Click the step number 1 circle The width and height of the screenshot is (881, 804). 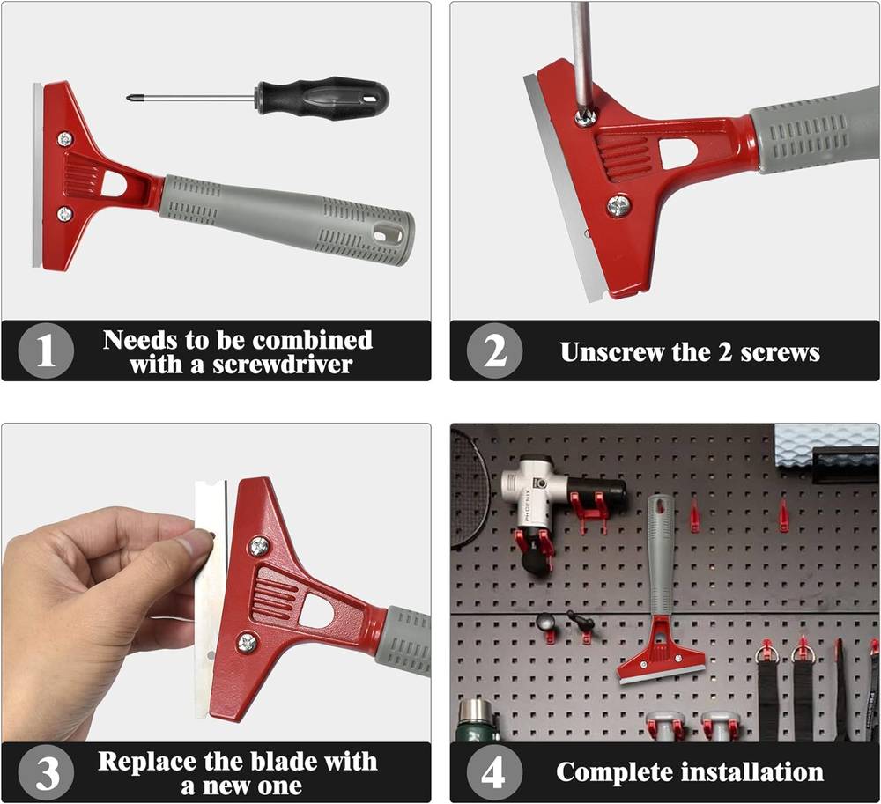click(x=46, y=350)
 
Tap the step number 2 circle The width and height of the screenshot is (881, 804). click(x=494, y=350)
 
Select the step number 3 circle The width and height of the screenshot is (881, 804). click(x=46, y=772)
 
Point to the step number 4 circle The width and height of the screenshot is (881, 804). click(x=494, y=772)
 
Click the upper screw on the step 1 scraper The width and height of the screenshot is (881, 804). click(x=65, y=138)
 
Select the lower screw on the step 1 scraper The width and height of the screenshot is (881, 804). click(x=64, y=214)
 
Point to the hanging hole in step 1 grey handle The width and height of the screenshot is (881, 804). click(x=389, y=232)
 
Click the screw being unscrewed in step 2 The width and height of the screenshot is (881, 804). click(x=585, y=117)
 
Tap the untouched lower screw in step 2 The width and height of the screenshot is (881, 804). click(x=618, y=205)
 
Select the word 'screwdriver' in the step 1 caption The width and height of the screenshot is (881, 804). click(x=282, y=365)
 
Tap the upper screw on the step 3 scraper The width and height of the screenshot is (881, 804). click(x=259, y=546)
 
